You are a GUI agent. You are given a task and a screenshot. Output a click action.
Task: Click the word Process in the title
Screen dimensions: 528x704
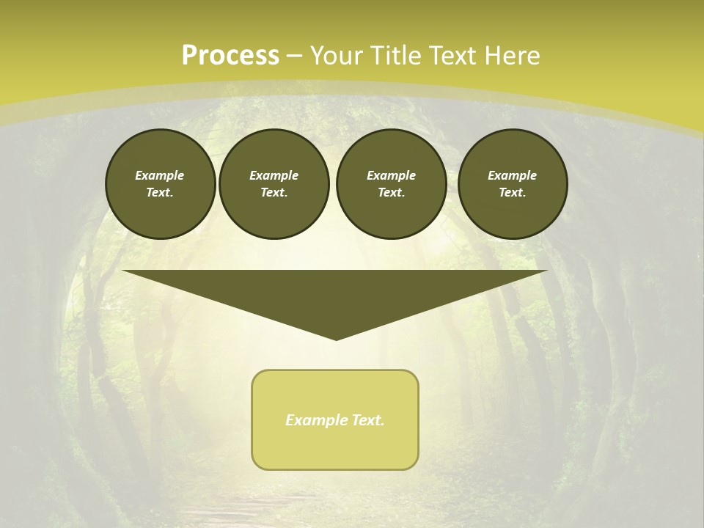tap(230, 56)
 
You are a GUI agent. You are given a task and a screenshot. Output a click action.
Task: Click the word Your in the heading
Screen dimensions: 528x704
tap(335, 56)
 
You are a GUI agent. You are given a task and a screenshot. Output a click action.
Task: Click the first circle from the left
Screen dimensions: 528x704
tap(160, 184)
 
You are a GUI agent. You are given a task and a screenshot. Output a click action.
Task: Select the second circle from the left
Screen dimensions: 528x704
tap(274, 184)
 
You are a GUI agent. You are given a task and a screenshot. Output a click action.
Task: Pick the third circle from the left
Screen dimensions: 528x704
tap(391, 184)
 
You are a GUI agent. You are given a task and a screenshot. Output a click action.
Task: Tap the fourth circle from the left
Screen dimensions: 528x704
tap(512, 184)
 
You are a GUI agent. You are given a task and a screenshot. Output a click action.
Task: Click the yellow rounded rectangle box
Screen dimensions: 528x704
tap(335, 440)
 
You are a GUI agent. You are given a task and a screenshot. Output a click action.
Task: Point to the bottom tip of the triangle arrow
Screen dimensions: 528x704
tap(336, 338)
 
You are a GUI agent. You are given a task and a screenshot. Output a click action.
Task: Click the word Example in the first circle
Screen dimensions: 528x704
tap(160, 175)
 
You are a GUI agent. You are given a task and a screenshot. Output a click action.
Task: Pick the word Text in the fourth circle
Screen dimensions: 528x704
tap(512, 192)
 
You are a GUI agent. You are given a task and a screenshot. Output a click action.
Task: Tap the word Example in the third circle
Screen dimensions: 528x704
tap(391, 175)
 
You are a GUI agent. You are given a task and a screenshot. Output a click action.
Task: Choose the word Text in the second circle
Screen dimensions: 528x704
tap(274, 192)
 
